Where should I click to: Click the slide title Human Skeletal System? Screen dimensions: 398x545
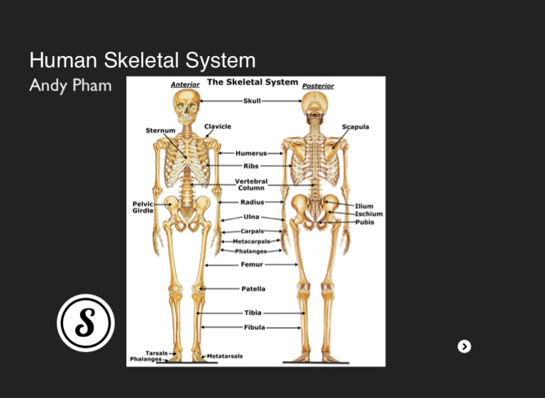[x=142, y=60]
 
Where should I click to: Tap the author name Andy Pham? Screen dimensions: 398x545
[x=70, y=86]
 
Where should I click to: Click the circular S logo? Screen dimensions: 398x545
[x=85, y=323]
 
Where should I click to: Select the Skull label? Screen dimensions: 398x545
[x=252, y=101]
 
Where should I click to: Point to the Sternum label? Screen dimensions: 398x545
[x=160, y=131]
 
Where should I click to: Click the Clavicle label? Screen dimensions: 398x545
[x=218, y=126]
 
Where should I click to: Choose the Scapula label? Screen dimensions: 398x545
[x=356, y=127]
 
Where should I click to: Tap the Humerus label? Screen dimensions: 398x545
[x=251, y=153]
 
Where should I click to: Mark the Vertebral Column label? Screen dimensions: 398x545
[x=251, y=184]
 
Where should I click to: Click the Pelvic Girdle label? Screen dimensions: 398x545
[x=143, y=207]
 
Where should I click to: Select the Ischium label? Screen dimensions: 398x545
[x=369, y=214]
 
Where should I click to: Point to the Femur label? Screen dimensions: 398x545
[x=252, y=265]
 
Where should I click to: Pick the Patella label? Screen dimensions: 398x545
[x=253, y=289]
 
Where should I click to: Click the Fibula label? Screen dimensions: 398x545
[x=255, y=328]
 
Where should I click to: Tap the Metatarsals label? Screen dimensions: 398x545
[x=225, y=356]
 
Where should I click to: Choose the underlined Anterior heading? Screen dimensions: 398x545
[x=185, y=84]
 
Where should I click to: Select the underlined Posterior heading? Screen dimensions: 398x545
[x=318, y=86]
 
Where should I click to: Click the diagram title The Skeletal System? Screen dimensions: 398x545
[x=253, y=82]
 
